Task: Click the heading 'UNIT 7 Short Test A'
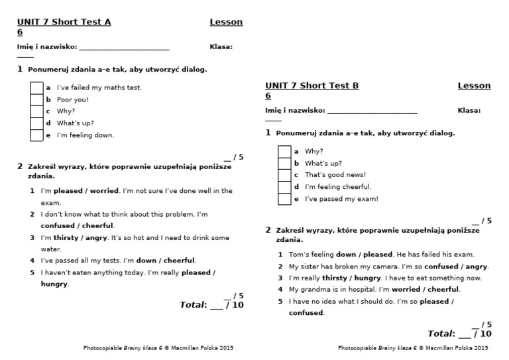click(x=64, y=22)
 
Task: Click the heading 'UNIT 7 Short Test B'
click(x=311, y=86)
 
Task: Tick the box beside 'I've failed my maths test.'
click(x=37, y=88)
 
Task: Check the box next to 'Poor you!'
click(x=37, y=99)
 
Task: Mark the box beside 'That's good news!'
click(x=284, y=175)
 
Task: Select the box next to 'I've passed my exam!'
click(x=284, y=199)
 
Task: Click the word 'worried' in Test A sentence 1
click(x=103, y=191)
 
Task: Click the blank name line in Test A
click(x=124, y=47)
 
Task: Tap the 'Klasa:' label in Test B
click(x=469, y=111)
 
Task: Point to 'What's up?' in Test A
click(x=75, y=123)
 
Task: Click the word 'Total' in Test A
click(x=193, y=305)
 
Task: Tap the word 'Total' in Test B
click(x=441, y=333)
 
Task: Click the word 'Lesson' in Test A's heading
click(x=226, y=22)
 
